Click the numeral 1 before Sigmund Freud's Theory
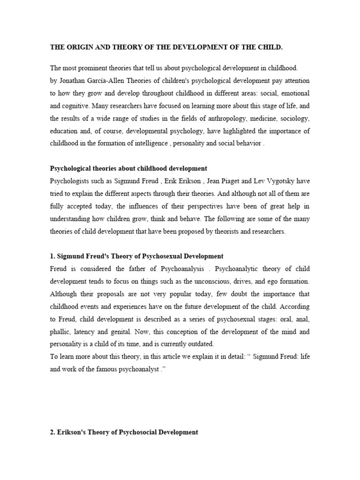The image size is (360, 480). pos(52,256)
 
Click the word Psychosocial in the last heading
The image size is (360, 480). pos(135,432)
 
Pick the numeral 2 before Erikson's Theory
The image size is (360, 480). pos(52,432)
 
